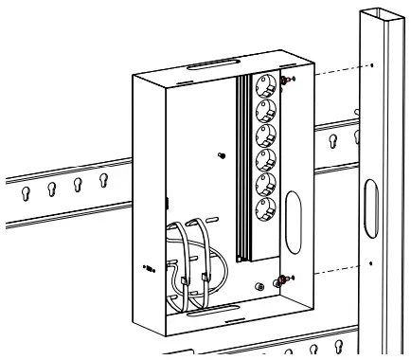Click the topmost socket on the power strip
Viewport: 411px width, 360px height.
click(x=267, y=91)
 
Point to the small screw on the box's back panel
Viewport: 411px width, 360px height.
click(x=221, y=155)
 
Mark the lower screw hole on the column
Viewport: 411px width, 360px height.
click(x=371, y=261)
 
